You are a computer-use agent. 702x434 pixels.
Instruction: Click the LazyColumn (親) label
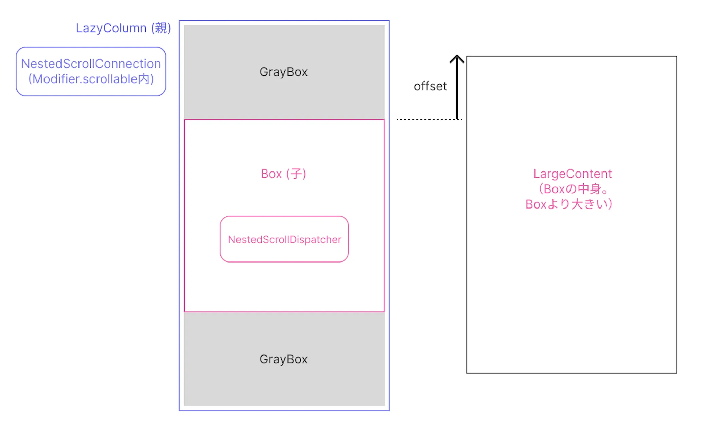coord(123,28)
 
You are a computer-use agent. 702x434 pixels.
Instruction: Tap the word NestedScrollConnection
coord(91,64)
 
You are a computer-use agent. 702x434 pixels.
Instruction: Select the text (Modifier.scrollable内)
coord(91,79)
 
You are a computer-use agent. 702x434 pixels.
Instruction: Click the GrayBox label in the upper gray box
coord(283,72)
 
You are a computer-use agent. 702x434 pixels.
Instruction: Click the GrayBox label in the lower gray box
coord(283,359)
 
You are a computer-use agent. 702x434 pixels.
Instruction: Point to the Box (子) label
coord(283,174)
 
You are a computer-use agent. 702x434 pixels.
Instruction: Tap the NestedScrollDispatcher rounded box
coord(284,239)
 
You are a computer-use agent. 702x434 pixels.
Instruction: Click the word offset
coord(430,86)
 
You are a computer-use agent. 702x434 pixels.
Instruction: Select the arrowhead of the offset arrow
coord(457,59)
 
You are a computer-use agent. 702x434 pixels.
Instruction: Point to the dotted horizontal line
coord(428,119)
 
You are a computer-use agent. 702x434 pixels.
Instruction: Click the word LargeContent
coord(572,174)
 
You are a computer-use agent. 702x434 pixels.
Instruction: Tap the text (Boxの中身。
coord(572,189)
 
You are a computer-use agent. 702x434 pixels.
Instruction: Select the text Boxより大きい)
coord(569,204)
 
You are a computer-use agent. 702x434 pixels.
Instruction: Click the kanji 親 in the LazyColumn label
coord(161,28)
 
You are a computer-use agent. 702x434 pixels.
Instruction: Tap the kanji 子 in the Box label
coord(296,174)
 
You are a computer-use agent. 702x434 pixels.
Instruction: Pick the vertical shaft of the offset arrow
coord(457,92)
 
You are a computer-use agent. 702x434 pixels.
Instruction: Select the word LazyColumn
coord(111,28)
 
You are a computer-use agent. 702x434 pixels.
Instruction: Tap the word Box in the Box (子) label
coord(271,174)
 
